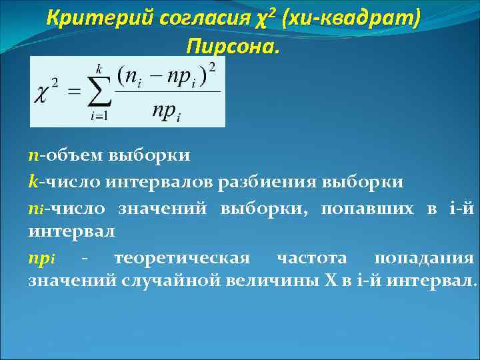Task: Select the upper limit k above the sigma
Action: [x=99, y=67]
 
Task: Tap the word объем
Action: [x=67, y=155]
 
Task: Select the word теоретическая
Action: [x=182, y=258]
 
